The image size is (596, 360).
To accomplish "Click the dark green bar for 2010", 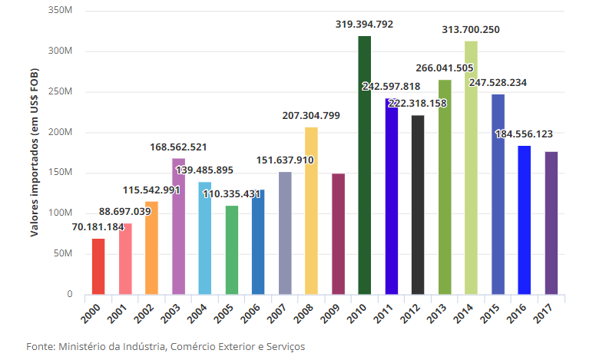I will click(x=365, y=165).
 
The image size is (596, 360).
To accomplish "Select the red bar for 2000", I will click(x=98, y=266).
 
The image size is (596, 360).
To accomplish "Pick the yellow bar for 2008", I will click(x=311, y=210).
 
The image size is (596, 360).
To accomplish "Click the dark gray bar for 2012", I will click(x=418, y=205).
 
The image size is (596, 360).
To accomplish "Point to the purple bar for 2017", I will click(x=551, y=223).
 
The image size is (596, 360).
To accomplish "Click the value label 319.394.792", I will click(x=364, y=25).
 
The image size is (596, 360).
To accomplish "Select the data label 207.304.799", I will click(x=311, y=116).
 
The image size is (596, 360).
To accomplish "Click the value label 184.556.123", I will click(x=524, y=134).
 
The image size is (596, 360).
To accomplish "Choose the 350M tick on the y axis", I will click(x=61, y=12).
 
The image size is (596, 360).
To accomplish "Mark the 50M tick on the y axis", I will click(x=64, y=253).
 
